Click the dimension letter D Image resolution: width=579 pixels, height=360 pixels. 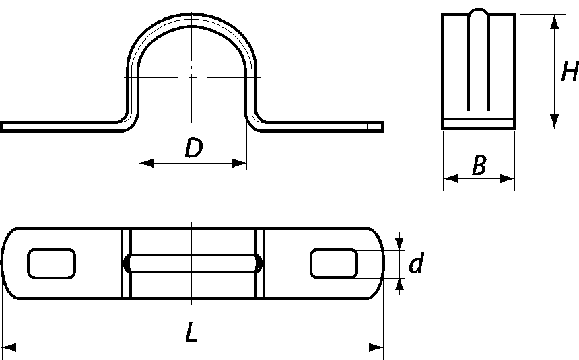coord(193,147)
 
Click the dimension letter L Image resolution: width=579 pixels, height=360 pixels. coord(191,331)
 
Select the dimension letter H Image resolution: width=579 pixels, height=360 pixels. coord(570,71)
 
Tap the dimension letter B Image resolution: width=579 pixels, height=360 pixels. coord(479,165)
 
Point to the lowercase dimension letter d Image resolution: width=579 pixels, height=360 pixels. coord(417,262)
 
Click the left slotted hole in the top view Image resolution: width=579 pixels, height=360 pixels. coord(52,263)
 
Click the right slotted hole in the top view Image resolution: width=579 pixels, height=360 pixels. coord(334,263)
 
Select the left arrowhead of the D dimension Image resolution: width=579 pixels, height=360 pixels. coord(146,163)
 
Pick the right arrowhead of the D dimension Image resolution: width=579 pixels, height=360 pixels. coord(239,163)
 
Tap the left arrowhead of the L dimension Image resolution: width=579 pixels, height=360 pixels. coord(9,347)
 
